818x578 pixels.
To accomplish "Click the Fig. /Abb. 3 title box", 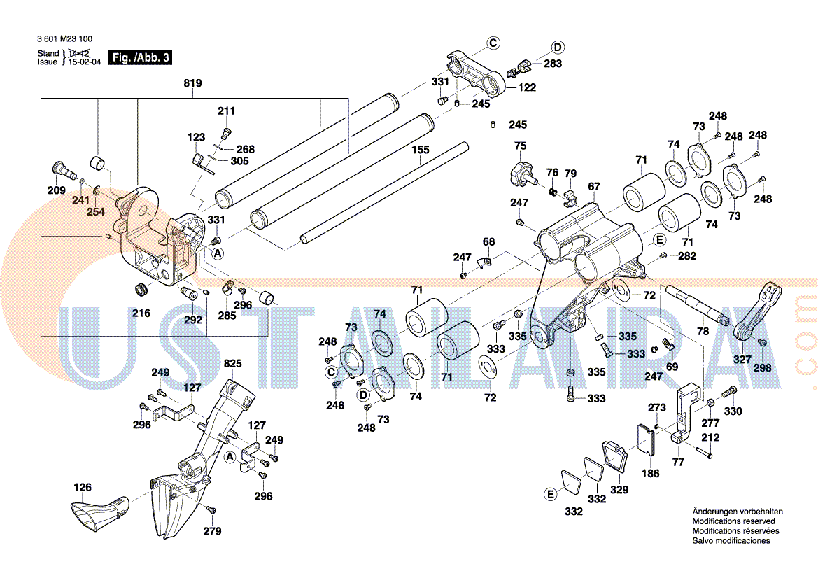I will coord(141,58).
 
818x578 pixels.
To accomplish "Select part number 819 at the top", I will coord(192,84).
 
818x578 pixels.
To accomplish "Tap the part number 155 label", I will coord(420,150).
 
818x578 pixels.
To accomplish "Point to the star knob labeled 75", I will coord(521,170).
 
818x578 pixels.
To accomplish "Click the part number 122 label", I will coord(527,87).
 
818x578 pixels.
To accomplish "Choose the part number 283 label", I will coord(553,64).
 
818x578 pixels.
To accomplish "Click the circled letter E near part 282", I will coord(658,240).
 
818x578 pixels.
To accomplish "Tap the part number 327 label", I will coord(742,360).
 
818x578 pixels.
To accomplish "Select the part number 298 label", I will coord(763,367).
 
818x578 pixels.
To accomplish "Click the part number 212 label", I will coord(710,439).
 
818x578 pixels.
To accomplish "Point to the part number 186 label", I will coord(651,474).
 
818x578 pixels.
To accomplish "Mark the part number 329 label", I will coord(619,490).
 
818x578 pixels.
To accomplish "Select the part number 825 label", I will coord(232,364).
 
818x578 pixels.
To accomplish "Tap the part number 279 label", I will coord(212,531).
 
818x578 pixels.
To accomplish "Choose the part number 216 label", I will coord(141,313).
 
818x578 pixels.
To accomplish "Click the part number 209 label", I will coord(56,191).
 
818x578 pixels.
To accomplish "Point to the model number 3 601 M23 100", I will coord(65,39).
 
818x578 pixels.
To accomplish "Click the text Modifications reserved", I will coord(733,521).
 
